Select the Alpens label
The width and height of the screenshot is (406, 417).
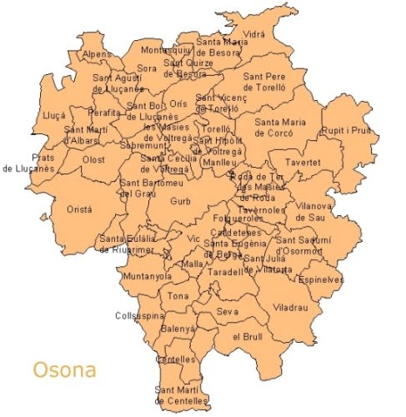click(x=97, y=55)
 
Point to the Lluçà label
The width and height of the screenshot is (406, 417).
click(x=53, y=116)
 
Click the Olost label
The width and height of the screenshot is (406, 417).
click(x=93, y=158)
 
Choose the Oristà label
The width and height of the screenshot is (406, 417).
click(x=80, y=210)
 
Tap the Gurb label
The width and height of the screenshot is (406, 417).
click(x=180, y=201)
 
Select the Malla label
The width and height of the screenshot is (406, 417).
click(x=193, y=264)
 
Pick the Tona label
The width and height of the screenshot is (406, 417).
click(x=178, y=296)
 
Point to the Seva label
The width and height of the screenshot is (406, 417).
click(x=227, y=311)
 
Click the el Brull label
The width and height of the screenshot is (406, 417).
click(x=248, y=336)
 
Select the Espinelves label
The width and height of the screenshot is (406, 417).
click(x=321, y=279)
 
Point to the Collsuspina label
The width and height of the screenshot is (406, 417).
click(x=139, y=316)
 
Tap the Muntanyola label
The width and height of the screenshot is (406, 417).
click(x=146, y=276)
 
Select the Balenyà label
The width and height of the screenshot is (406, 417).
click(x=178, y=329)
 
